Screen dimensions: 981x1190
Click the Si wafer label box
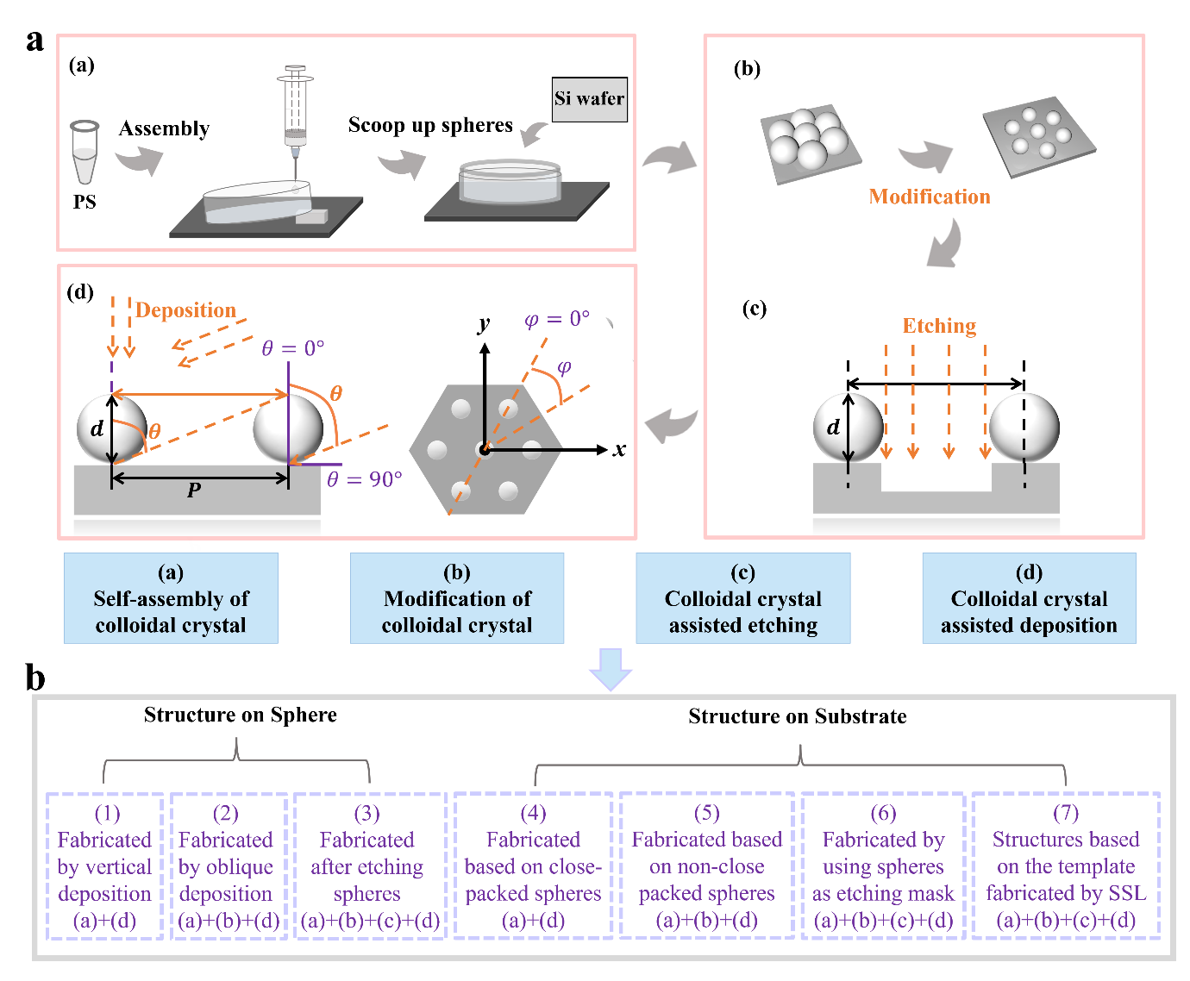tap(590, 99)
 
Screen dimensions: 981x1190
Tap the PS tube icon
tap(85, 153)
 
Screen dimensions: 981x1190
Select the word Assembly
tap(164, 128)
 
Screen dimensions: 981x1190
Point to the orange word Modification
tap(930, 197)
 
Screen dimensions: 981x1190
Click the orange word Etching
tap(939, 326)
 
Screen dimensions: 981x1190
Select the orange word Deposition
tap(185, 310)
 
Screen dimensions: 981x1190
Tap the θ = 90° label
tap(365, 479)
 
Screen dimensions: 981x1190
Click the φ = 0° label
tap(557, 319)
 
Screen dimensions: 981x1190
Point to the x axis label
tap(619, 449)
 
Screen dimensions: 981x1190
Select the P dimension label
tap(194, 490)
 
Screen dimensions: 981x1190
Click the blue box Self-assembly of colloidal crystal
tap(171, 598)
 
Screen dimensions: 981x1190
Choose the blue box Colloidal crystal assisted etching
tap(743, 598)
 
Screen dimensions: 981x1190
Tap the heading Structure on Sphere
tap(240, 715)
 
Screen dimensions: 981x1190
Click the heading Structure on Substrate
tap(797, 716)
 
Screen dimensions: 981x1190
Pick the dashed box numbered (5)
tap(707, 865)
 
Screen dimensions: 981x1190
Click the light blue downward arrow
tap(610, 668)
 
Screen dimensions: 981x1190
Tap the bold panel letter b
tap(35, 678)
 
